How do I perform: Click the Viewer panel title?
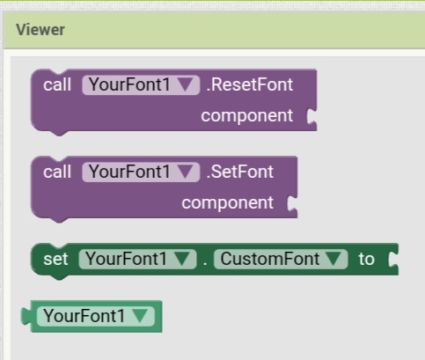tap(40, 30)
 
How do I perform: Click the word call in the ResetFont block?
tap(57, 84)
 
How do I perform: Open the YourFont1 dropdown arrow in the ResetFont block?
tap(186, 84)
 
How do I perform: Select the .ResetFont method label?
tap(250, 84)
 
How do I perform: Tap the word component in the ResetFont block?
tap(247, 115)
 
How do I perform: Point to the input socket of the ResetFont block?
tap(311, 116)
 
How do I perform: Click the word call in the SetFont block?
tap(57, 172)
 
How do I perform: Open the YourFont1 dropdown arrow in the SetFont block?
tap(186, 172)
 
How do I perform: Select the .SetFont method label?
tap(240, 172)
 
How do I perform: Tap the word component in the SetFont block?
tap(228, 202)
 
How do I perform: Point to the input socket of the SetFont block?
tap(292, 203)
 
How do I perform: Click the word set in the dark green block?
tap(55, 259)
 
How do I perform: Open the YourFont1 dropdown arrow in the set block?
tap(182, 259)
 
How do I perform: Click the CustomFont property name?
tap(270, 259)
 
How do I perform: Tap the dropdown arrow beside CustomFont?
tap(333, 259)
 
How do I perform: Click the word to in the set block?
tap(366, 259)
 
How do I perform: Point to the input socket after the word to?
tap(393, 260)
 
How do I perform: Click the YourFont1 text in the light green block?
tap(84, 316)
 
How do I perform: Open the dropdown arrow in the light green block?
tap(140, 316)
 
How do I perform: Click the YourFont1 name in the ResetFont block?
tap(129, 84)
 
